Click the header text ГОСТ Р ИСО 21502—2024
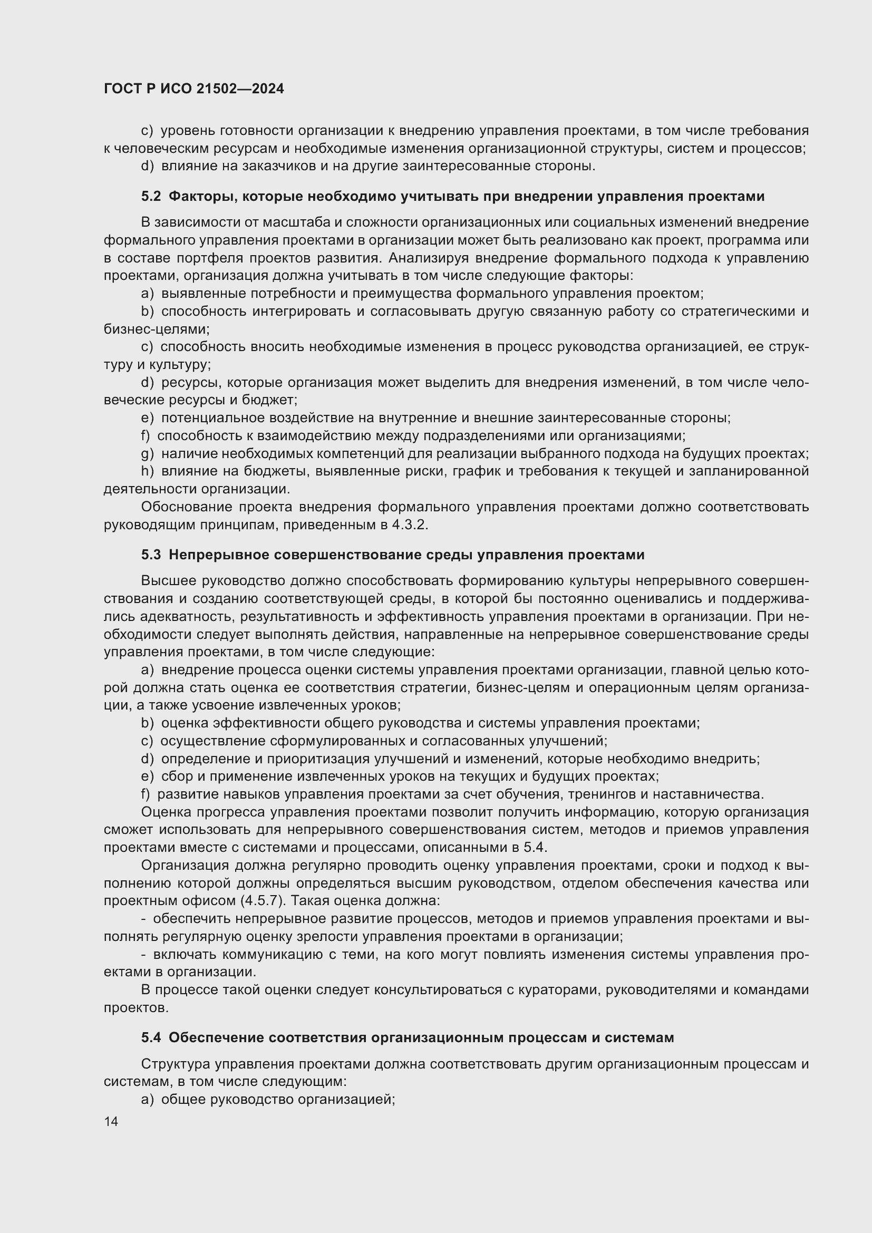194,89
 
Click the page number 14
111,1121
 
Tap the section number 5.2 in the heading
151,197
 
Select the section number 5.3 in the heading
151,555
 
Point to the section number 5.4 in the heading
151,1037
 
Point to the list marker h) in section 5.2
147,471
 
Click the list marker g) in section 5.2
147,454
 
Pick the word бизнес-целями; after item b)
157,328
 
